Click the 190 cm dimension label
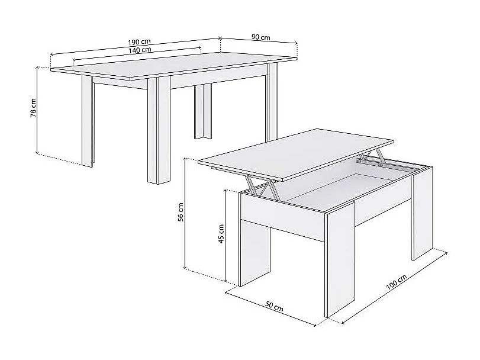pyautogui.click(x=140, y=42)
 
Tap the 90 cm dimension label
pyautogui.click(x=260, y=37)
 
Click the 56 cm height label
pyautogui.click(x=181, y=212)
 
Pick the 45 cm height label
pyautogui.click(x=221, y=234)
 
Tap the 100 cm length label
pyautogui.click(x=395, y=283)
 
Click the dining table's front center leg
pyautogui.click(x=159, y=130)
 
